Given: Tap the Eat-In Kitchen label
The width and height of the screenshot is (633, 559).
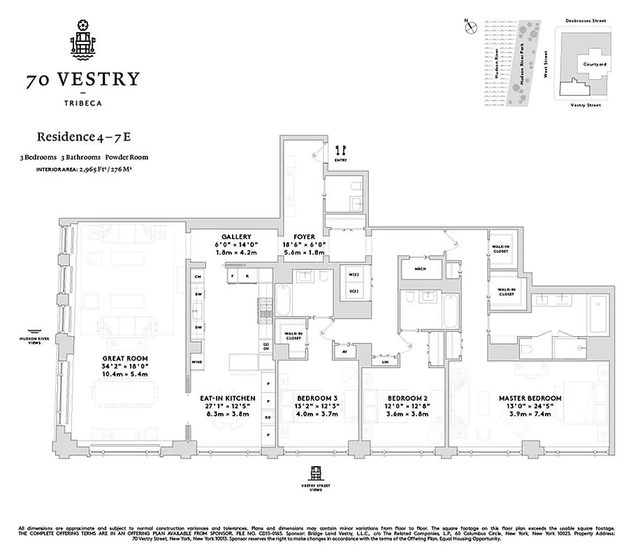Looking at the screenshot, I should (230, 398).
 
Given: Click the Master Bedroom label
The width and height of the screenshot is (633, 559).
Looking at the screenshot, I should (530, 398).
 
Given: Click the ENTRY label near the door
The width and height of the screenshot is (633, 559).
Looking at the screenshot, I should (340, 160).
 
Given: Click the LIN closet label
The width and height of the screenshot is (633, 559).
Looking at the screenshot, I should (385, 361).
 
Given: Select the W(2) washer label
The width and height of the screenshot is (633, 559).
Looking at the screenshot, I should (353, 275).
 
